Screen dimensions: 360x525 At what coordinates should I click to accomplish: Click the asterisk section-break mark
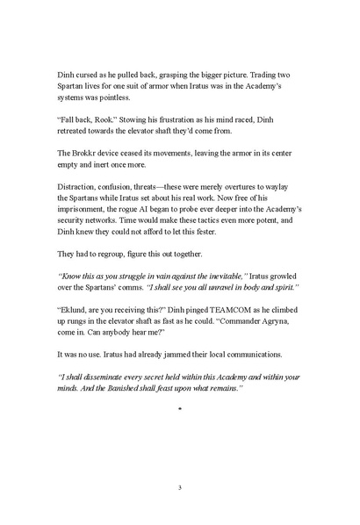click(x=179, y=458)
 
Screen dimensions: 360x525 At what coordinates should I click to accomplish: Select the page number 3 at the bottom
click(x=179, y=488)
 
